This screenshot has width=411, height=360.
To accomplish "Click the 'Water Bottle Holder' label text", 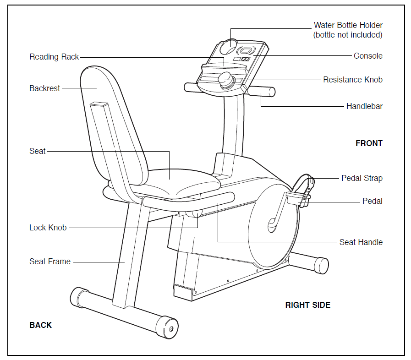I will coord(348,25).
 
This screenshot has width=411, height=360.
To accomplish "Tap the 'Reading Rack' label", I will coord(54,57).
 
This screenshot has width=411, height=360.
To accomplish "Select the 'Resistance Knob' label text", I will coord(352,80).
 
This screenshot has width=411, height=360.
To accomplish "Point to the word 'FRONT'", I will coord(369,143).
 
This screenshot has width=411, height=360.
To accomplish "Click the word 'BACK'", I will coord(41,325).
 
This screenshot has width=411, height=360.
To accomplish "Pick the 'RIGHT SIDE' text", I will coord(307,305).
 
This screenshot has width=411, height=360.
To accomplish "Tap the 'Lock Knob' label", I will coord(48,228).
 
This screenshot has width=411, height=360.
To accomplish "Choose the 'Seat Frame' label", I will coord(50,262).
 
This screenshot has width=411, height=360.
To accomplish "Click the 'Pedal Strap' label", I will coord(362,178).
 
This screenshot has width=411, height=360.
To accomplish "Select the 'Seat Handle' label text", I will coord(361,242).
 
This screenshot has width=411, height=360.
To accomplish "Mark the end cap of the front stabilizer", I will coord(322,265).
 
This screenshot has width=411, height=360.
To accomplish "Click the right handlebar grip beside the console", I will coord(261,92).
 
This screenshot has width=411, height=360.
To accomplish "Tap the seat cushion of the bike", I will coord(174,181).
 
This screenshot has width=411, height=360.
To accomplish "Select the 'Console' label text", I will coord(368,56).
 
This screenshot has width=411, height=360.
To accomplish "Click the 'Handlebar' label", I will coord(364,106).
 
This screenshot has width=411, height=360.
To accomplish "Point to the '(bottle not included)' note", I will coord(347,35).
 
